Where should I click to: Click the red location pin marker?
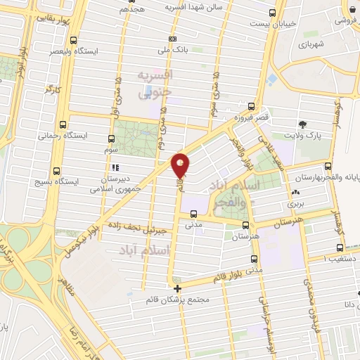180,165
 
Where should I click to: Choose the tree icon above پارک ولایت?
302,122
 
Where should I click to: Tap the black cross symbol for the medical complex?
177,288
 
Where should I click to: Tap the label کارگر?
54,89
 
